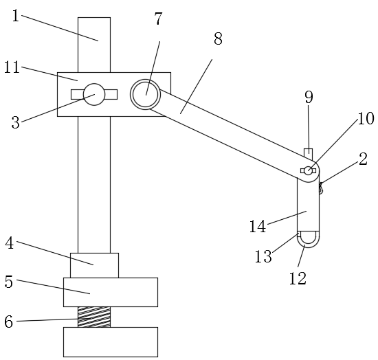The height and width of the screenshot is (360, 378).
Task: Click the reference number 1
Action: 16,16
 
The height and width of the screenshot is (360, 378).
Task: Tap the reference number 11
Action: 12,67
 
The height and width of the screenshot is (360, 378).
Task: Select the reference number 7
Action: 158,19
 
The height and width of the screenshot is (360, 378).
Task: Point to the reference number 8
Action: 218,38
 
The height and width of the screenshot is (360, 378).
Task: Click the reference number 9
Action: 309,97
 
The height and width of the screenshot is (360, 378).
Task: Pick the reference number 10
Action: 366,119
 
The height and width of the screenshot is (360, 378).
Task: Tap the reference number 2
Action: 363,159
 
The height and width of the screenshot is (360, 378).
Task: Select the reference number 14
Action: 258,226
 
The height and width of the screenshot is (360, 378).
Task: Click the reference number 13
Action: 263,256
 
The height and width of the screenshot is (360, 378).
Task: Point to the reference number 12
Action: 298,278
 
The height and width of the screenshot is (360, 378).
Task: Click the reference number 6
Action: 9,322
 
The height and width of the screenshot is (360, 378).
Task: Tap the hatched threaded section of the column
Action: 94,317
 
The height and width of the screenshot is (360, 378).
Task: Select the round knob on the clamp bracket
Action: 94,94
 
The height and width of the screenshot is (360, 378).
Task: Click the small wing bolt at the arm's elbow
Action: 308,170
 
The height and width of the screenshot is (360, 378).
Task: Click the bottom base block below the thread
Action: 111,342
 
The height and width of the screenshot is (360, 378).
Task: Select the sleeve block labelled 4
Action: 94,265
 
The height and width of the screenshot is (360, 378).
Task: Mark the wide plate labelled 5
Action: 111,292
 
